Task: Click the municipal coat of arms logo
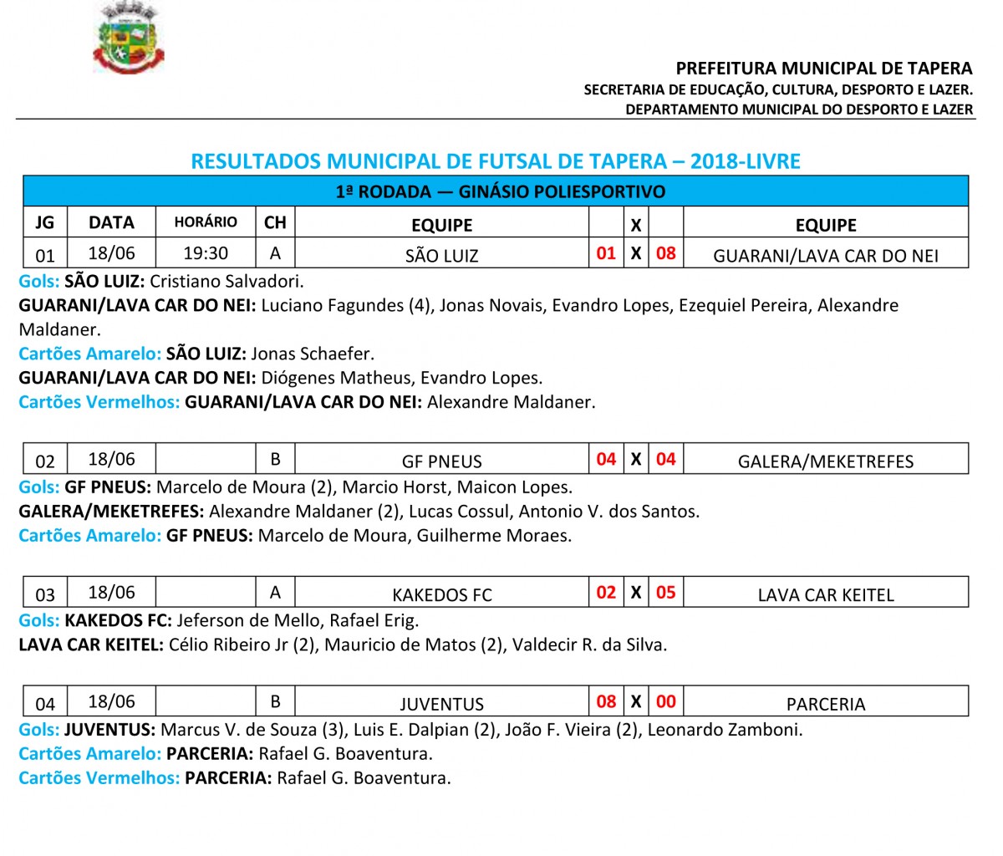click(128, 38)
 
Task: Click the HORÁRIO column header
click(206, 222)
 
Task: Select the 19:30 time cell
click(206, 253)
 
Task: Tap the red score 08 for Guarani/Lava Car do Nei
click(666, 253)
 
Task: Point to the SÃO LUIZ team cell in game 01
click(441, 255)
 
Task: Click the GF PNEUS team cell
click(441, 461)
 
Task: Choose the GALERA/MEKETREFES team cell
click(826, 461)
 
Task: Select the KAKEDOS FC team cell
click(441, 594)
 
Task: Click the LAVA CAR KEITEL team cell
click(826, 594)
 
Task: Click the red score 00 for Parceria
click(666, 702)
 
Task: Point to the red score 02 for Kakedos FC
click(606, 593)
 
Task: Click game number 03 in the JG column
click(45, 594)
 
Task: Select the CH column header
click(275, 222)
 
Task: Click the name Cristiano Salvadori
click(227, 281)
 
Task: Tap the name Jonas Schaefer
click(313, 354)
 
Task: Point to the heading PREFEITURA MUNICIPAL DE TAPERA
click(824, 69)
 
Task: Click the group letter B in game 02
click(275, 459)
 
